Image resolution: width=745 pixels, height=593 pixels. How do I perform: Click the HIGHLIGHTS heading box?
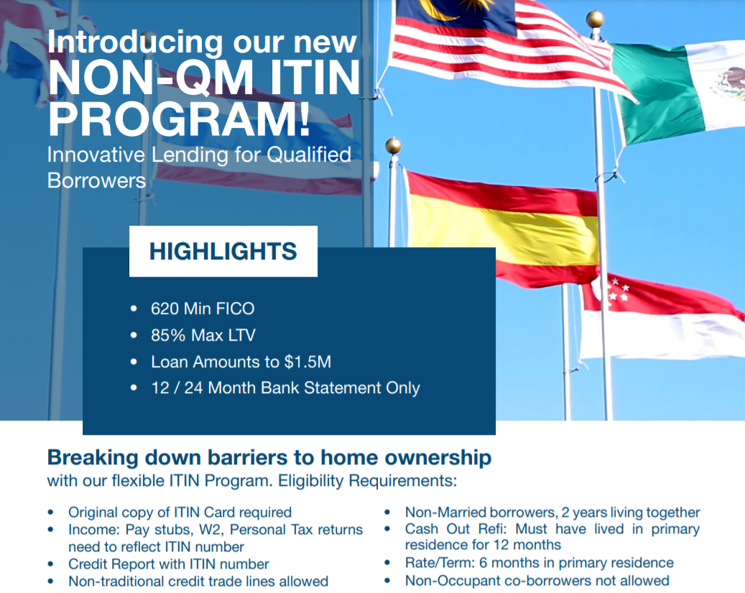point(223,251)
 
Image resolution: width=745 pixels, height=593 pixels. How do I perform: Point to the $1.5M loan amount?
point(307,362)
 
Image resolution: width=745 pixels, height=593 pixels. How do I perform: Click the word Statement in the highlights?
point(342,387)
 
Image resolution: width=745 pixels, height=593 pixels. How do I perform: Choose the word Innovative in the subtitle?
point(96,155)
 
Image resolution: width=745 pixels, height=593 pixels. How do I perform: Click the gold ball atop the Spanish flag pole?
point(393,145)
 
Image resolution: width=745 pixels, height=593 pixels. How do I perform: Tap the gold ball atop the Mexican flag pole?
point(595,19)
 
